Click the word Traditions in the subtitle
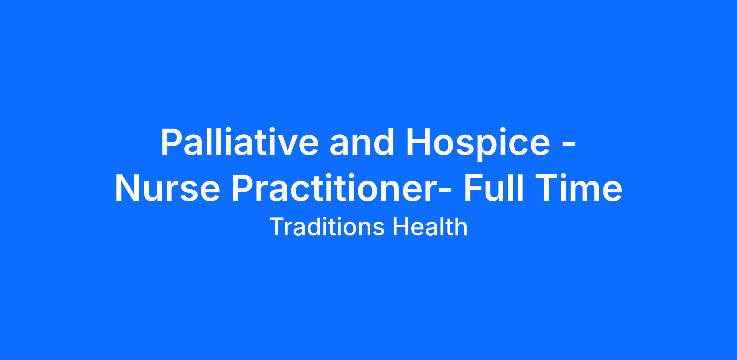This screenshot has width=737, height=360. [327, 227]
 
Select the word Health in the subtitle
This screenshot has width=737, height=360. [431, 227]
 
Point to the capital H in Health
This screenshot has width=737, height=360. [401, 227]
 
